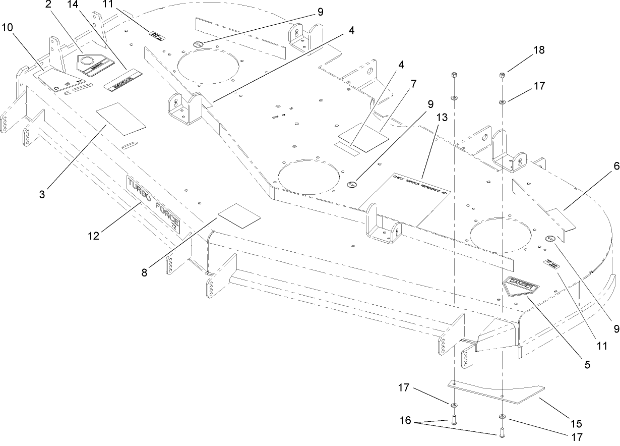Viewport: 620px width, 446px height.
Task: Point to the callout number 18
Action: click(x=539, y=50)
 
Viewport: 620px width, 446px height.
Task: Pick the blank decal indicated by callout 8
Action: click(x=238, y=215)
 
